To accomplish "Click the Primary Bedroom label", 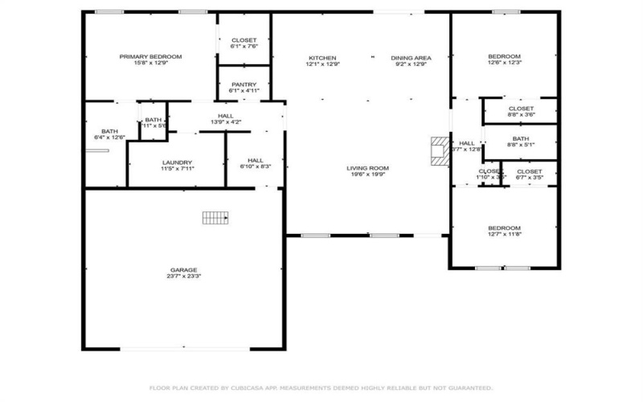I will click(150, 56).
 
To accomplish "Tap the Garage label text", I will click(183, 269).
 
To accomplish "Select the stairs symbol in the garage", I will click(215, 217).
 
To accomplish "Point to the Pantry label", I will click(244, 84).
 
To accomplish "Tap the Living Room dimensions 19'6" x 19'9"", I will click(367, 174).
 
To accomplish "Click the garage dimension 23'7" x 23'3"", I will click(183, 277).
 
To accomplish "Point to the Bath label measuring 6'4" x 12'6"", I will click(109, 132).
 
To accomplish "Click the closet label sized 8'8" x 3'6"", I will click(521, 109).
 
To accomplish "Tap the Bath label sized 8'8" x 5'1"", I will click(521, 139).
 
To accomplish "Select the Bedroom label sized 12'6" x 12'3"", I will click(505, 56).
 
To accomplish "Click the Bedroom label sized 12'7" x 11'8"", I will click(505, 228).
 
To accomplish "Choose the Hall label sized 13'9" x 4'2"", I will click(226, 115).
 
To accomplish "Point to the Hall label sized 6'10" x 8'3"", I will click(256, 160).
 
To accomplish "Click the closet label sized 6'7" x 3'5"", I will click(529, 171).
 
